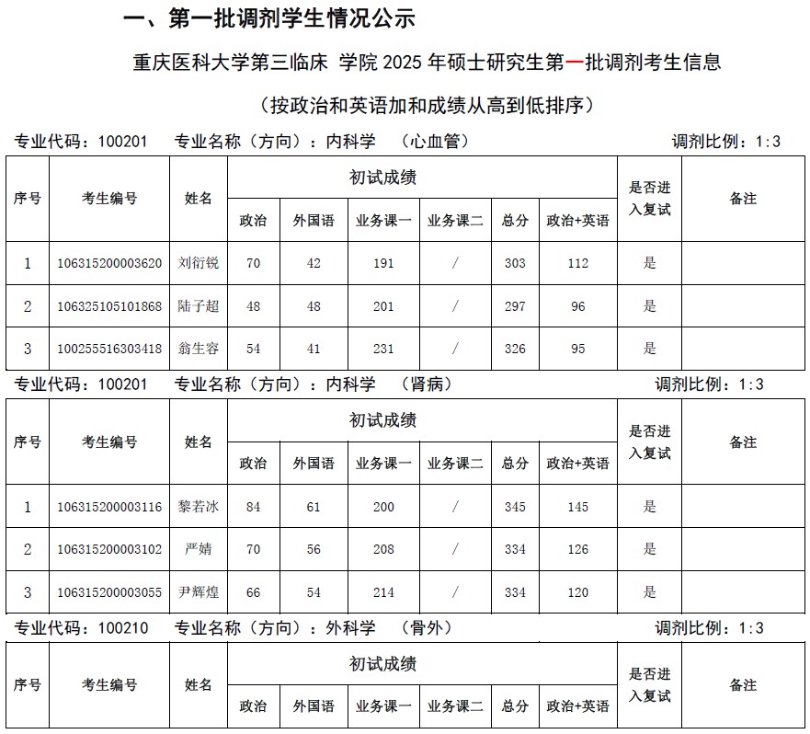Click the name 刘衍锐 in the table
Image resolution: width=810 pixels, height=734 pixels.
tap(199, 263)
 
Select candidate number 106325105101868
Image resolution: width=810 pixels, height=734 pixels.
tap(109, 306)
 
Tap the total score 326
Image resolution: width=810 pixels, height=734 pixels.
tap(515, 349)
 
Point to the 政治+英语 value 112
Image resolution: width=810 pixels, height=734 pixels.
tap(577, 263)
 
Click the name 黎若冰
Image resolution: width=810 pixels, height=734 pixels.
tap(199, 507)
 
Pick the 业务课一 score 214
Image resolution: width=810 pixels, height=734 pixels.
tap(383, 592)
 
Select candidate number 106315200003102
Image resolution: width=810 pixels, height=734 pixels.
tap(109, 549)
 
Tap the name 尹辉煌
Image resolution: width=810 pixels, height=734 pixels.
tap(199, 592)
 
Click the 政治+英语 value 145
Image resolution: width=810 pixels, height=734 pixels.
tap(577, 507)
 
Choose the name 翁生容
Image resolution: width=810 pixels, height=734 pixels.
tap(199, 349)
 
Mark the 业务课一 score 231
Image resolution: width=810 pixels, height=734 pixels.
tap(383, 349)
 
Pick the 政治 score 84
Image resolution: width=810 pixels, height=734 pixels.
tap(253, 507)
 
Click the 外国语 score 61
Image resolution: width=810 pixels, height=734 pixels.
tap(314, 507)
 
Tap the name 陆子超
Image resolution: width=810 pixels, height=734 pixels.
tap(199, 306)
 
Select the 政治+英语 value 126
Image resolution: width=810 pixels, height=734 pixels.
tap(577, 549)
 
